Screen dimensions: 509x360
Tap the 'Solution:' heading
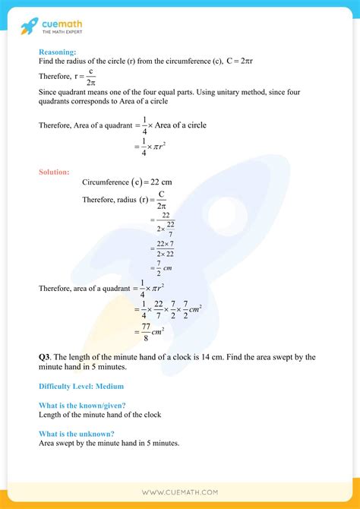pos(54,172)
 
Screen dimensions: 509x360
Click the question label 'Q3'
pos(45,356)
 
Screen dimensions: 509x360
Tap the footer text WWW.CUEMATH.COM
pos(180,492)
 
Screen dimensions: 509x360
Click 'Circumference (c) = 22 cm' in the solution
pos(128,182)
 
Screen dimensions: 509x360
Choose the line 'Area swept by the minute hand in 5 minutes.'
pos(109,444)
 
